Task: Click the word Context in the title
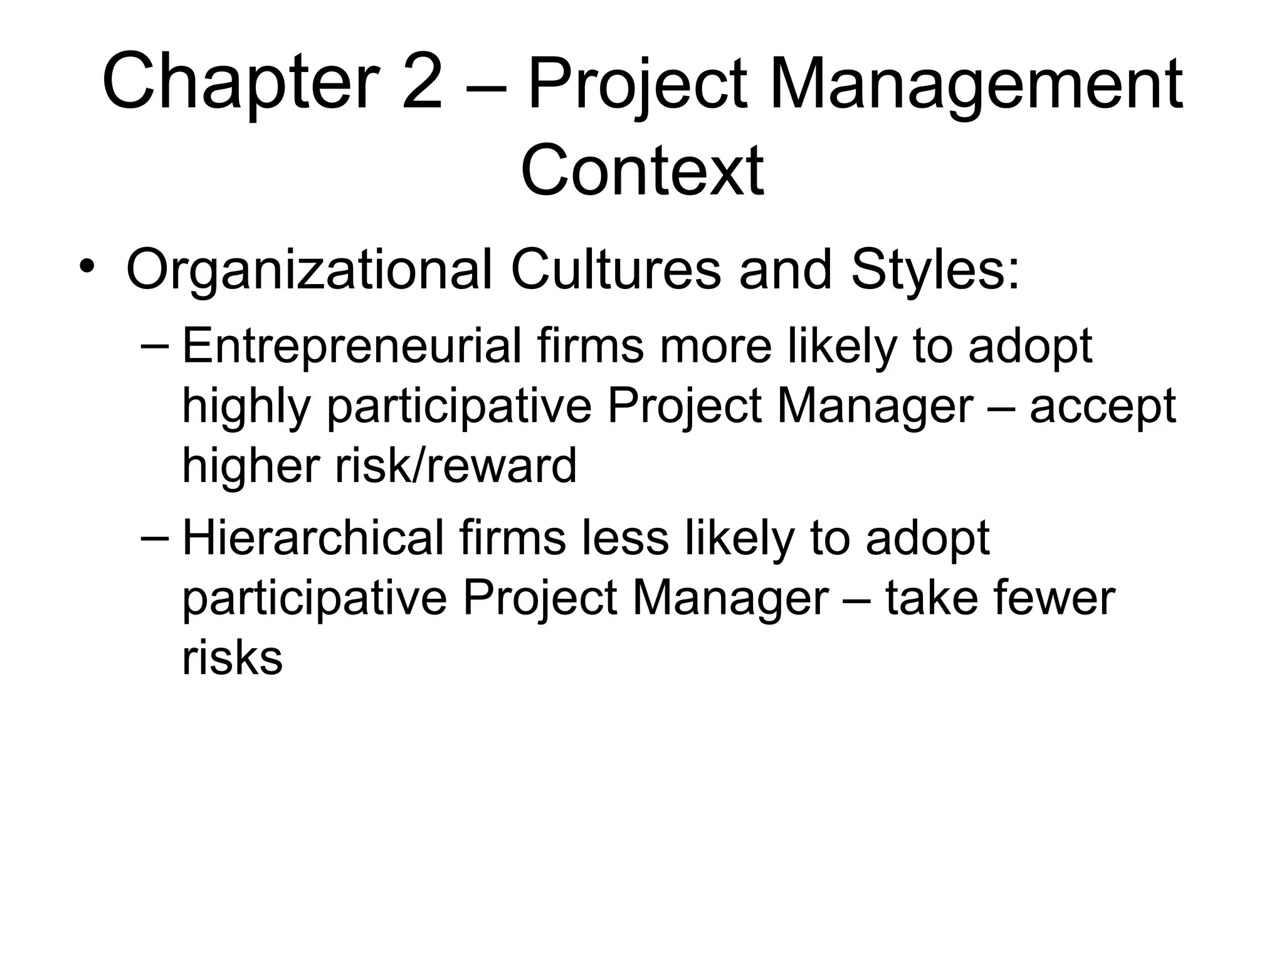642,171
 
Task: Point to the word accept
1102,408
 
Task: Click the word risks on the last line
232,658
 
